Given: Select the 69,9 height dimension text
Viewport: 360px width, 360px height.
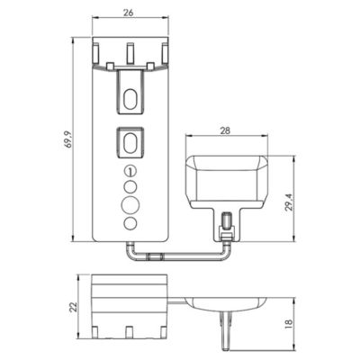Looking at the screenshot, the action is tap(69, 139).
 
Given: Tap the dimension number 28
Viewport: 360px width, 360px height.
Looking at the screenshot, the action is tap(225, 130).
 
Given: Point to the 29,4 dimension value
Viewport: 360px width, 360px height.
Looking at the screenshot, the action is tap(289, 202).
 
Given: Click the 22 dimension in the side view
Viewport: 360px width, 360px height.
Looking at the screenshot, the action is tap(73, 307).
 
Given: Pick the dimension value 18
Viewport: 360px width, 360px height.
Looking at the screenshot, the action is tap(288, 323).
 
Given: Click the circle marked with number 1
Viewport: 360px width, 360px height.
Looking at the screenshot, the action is tap(130, 171).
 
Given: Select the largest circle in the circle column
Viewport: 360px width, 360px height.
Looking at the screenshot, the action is tap(130, 205).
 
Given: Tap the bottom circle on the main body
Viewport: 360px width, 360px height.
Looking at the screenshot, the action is tap(130, 224).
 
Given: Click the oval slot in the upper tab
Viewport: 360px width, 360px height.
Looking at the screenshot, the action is tap(130, 99).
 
